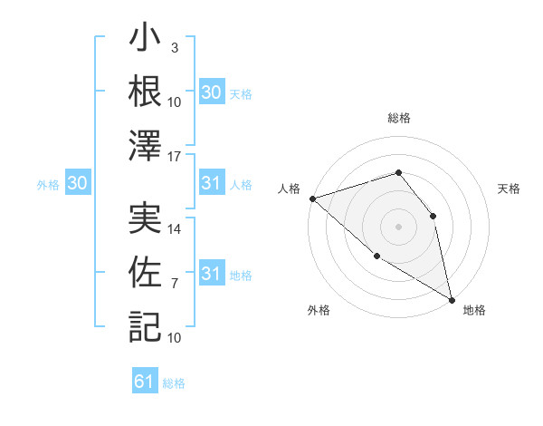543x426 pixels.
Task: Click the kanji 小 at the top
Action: tap(145, 41)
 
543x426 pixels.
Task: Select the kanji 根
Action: tap(145, 92)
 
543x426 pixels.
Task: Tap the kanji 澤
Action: tap(145, 145)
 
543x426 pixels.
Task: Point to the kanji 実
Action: tap(145, 220)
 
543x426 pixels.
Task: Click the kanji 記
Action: tap(145, 324)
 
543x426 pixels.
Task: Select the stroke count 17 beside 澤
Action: tap(176, 156)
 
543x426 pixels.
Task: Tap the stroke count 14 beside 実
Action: tap(176, 230)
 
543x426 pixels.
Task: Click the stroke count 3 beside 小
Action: tap(175, 47)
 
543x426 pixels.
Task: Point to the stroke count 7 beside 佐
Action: tap(175, 284)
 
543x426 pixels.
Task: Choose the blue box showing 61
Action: tap(145, 382)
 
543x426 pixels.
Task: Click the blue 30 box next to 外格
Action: tap(78, 184)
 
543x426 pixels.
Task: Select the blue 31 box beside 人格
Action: tap(211, 184)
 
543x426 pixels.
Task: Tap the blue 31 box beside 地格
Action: tap(211, 275)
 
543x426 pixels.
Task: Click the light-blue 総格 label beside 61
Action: tap(174, 383)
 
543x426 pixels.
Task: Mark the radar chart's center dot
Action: tap(398, 227)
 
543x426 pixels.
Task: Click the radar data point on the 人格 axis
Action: tap(311, 198)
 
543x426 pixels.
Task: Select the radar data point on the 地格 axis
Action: tap(452, 300)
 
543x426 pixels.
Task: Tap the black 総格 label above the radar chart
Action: tap(398, 119)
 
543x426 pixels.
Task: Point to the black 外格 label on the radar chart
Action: tap(319, 311)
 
